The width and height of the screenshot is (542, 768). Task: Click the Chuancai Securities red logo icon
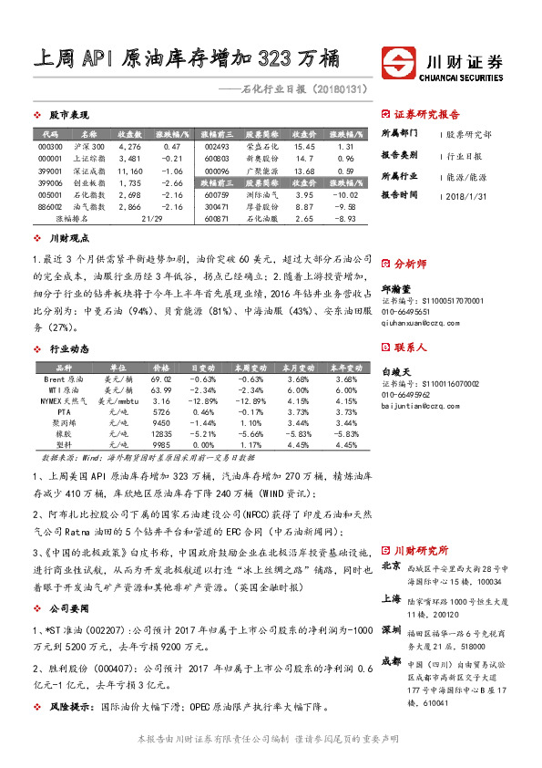click(396, 62)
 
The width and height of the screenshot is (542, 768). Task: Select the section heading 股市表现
click(67, 116)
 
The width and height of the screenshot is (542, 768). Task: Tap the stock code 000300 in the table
click(51, 146)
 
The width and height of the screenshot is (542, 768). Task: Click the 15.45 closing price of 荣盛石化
click(304, 146)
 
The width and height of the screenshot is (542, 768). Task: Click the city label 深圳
click(392, 630)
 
